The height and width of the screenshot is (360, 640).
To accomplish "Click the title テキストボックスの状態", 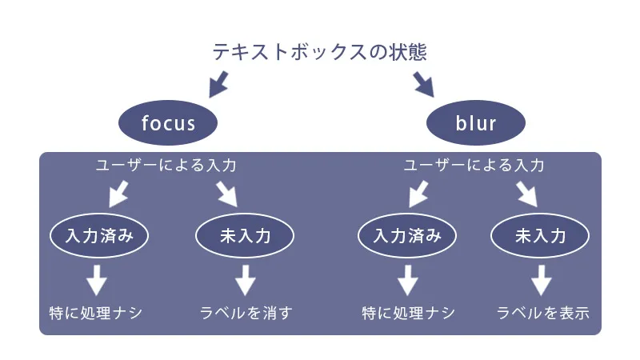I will pyautogui.click(x=319, y=53).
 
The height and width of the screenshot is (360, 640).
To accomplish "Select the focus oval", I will pyautogui.click(x=168, y=123).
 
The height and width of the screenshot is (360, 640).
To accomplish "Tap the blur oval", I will pyautogui.click(x=476, y=123).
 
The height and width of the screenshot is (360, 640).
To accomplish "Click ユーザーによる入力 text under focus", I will pyautogui.click(x=166, y=166).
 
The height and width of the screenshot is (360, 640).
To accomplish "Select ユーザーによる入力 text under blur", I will pyautogui.click(x=474, y=166).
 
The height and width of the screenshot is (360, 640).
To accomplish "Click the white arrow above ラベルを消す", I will pyautogui.click(x=245, y=279).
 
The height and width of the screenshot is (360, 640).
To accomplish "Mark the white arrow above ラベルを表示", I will pyautogui.click(x=542, y=279).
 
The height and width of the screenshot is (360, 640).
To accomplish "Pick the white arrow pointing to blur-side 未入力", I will pyautogui.click(x=526, y=194).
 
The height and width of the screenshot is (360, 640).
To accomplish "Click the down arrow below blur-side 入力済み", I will pyautogui.click(x=408, y=279).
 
